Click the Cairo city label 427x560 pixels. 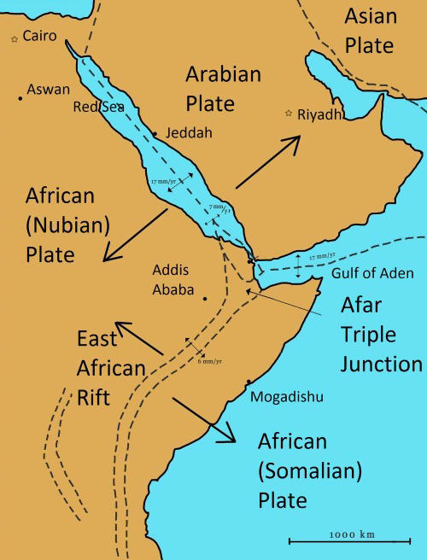[41, 36]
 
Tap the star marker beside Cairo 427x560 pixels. [14, 39]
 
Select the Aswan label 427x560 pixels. [49, 89]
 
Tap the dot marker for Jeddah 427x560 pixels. [155, 133]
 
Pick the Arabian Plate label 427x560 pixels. [223, 89]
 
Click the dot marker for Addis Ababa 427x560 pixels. [205, 298]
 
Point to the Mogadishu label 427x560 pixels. [288, 396]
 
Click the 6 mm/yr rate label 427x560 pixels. [210, 360]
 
